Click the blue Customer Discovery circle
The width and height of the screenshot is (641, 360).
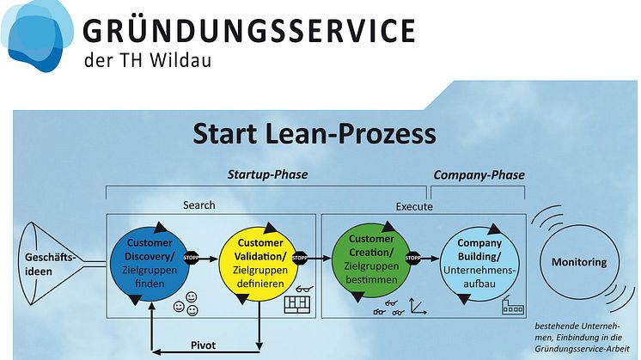pos(150,263)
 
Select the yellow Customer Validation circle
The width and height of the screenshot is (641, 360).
pos(259,263)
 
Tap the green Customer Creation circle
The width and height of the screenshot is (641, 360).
pos(371,259)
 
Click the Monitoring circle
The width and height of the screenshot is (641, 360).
pos(579,262)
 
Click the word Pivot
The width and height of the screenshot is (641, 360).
pos(203,345)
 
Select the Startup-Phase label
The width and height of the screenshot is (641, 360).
pos(267,174)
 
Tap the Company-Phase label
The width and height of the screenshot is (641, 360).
pos(479,175)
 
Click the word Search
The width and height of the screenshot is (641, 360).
pos(199,204)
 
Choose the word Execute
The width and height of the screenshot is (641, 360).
pos(414,206)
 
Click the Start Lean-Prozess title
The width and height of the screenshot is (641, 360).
pos(314,134)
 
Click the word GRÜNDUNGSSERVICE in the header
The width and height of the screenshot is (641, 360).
pos(249,31)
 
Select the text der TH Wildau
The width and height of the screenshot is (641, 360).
pos(148,60)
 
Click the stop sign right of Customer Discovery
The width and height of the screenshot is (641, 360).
pos(191,258)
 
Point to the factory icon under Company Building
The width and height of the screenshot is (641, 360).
pos(513,305)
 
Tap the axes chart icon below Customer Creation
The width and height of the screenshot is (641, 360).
pos(418,307)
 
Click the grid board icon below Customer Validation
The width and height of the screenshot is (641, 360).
pos(297,305)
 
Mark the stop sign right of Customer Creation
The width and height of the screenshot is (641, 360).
pos(412,258)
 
